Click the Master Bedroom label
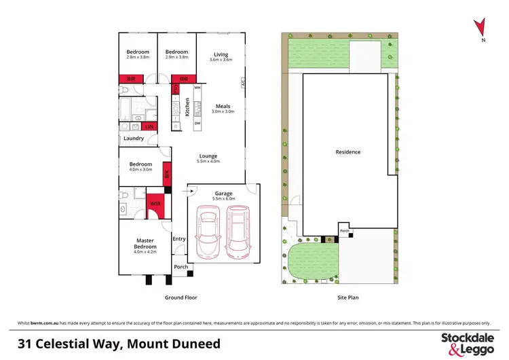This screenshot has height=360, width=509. click(x=145, y=242)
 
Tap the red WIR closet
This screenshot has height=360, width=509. click(x=155, y=203)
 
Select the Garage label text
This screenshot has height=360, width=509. click(x=223, y=194)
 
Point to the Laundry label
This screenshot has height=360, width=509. click(x=134, y=139)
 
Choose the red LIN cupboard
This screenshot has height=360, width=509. click(x=149, y=126)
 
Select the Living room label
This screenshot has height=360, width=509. click(x=221, y=54)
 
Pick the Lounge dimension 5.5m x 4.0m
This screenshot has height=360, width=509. click(x=208, y=161)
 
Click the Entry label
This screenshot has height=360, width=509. click(x=179, y=238)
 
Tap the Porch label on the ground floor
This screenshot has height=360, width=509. click(x=181, y=267)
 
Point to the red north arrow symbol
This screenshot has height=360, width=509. click(x=481, y=26)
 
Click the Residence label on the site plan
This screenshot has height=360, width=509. click(x=348, y=152)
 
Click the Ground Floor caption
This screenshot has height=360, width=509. click(x=181, y=298)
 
